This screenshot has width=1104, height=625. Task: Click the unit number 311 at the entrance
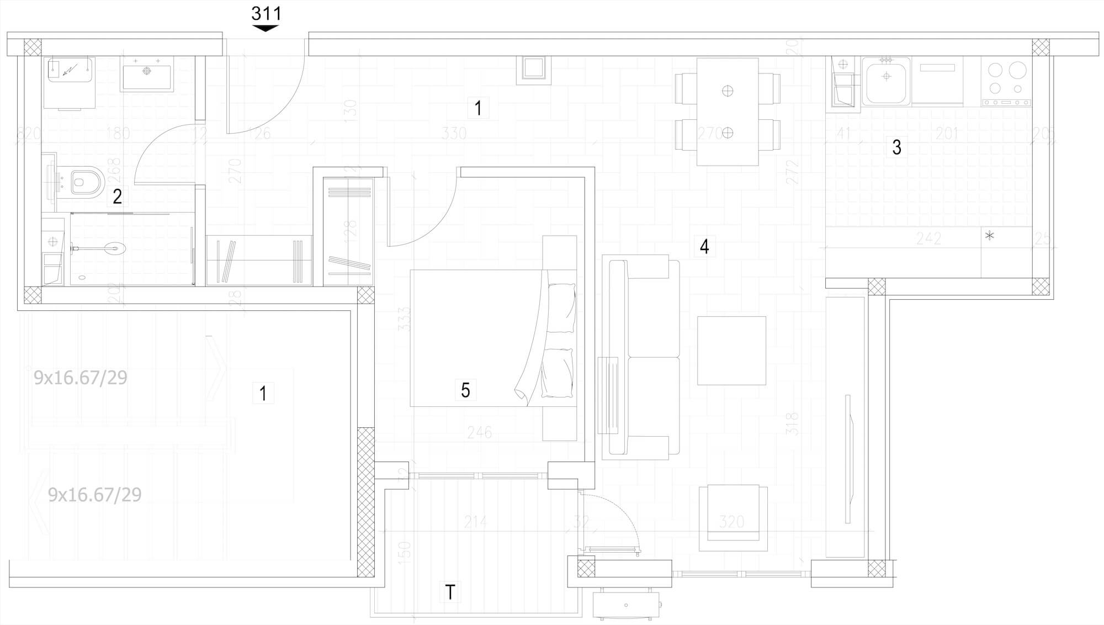click(x=266, y=13)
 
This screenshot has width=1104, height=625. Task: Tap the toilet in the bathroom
click(x=84, y=181)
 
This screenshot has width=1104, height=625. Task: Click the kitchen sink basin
click(x=886, y=83)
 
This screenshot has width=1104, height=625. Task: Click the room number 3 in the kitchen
click(x=897, y=147)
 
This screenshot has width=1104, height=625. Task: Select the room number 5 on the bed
click(x=465, y=390)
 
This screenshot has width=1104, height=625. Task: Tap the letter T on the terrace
click(x=450, y=592)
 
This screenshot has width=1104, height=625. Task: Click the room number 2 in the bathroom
click(x=117, y=196)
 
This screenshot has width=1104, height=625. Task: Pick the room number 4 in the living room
click(x=704, y=246)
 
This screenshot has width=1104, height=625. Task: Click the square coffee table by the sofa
click(x=731, y=351)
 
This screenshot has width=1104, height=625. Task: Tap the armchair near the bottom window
click(x=733, y=518)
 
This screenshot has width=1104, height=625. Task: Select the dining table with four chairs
click(x=728, y=112)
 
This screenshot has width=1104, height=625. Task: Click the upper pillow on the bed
click(x=561, y=308)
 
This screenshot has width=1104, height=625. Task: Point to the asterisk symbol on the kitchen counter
click(x=990, y=236)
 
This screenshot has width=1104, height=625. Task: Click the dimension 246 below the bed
click(x=479, y=432)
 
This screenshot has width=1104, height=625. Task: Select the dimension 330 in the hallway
click(x=454, y=133)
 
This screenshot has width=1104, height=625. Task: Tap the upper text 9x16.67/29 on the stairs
click(x=81, y=378)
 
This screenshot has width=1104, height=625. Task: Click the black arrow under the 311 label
click(x=266, y=28)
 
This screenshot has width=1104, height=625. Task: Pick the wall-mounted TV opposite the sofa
click(x=848, y=458)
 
